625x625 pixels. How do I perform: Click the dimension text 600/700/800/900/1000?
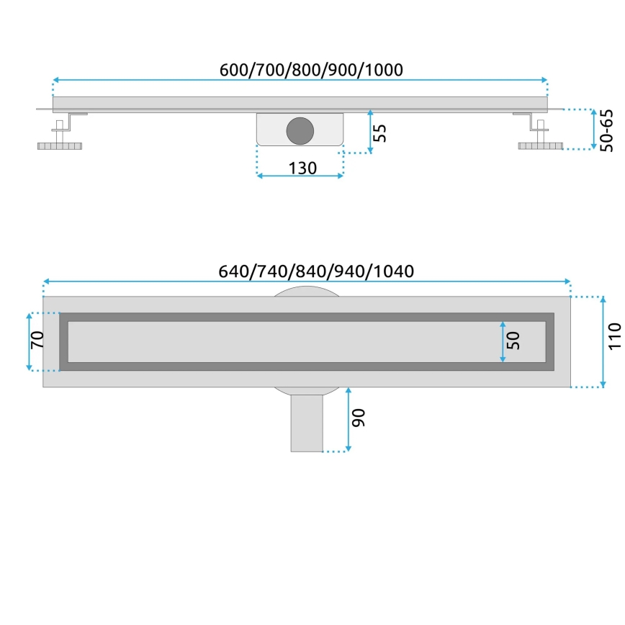click(x=310, y=69)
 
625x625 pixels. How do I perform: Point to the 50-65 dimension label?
click(x=606, y=130)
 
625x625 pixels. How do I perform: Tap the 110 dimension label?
click(x=613, y=336)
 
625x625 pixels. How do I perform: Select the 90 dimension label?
click(x=359, y=418)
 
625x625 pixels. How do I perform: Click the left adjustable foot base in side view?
click(x=61, y=146)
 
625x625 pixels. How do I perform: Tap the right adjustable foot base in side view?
click(x=540, y=146)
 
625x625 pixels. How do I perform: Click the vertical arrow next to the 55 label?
click(x=369, y=131)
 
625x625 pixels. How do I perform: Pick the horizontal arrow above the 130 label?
click(x=300, y=175)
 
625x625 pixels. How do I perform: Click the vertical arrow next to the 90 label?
click(x=348, y=419)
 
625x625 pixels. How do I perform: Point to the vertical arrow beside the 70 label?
click(x=29, y=341)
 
